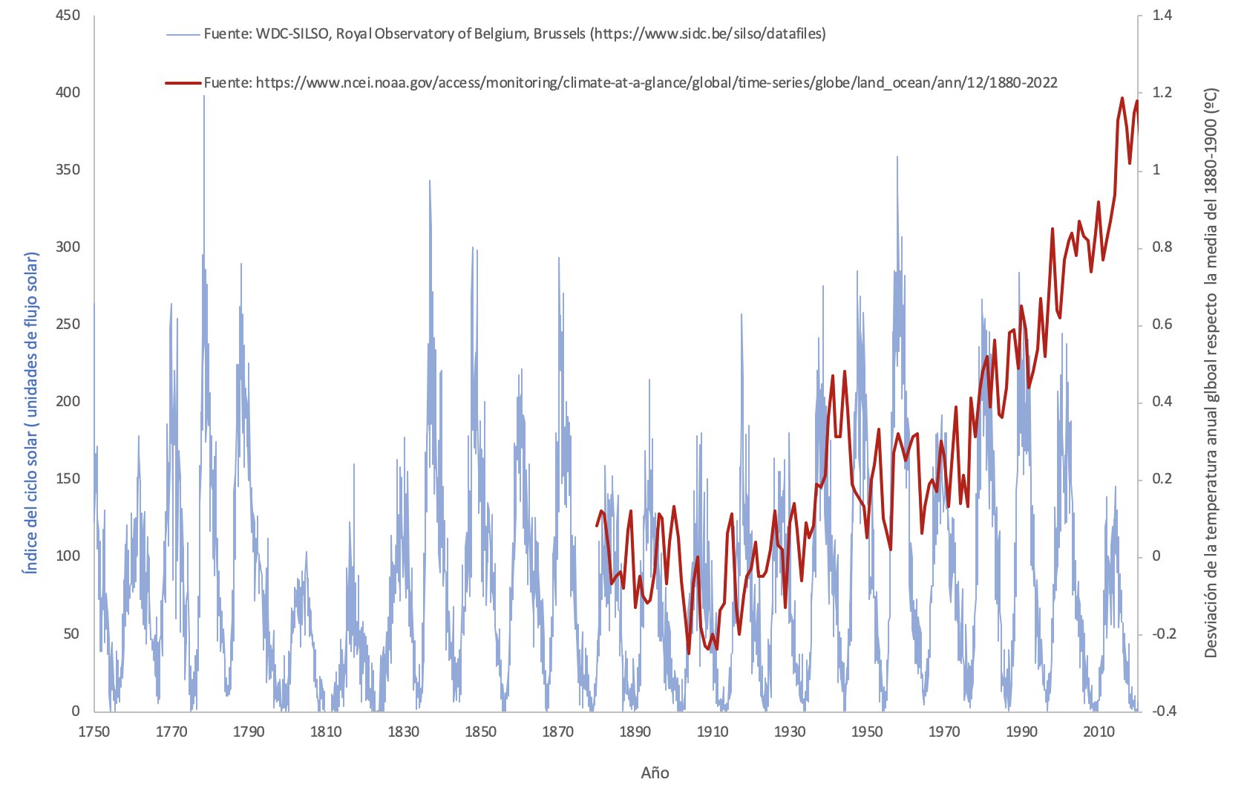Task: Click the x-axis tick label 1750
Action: pyautogui.click(x=94, y=732)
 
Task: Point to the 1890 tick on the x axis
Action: pyautogui.click(x=635, y=732)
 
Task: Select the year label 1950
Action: pyautogui.click(x=867, y=732)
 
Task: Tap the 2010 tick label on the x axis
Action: pyautogui.click(x=1099, y=732)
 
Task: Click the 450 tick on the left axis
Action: pyautogui.click(x=68, y=15)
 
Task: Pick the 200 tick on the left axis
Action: pyautogui.click(x=68, y=401)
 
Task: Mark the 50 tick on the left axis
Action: pyautogui.click(x=71, y=634)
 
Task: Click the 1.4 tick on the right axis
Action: pyautogui.click(x=1162, y=15)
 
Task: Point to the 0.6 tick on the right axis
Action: pyautogui.click(x=1162, y=325)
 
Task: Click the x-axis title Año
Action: pyautogui.click(x=655, y=773)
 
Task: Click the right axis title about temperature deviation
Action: pyautogui.click(x=1211, y=373)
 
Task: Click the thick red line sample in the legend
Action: pyautogui.click(x=183, y=83)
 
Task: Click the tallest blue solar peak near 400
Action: pyautogui.click(x=204, y=97)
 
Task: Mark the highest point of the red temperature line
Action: pyautogui.click(x=1122, y=98)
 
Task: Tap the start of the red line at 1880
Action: pyautogui.click(x=597, y=526)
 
